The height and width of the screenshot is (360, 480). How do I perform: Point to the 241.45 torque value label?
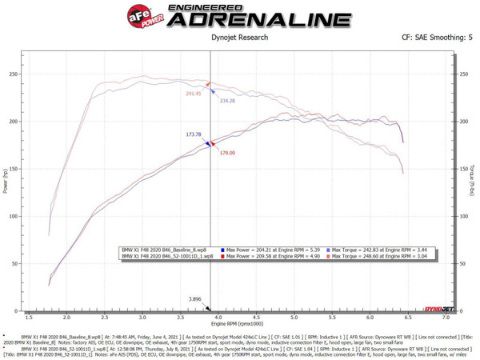click(193, 94)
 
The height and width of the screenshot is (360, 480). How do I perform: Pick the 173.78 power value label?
click(193, 134)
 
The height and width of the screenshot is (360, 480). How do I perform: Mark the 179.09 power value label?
click(227, 152)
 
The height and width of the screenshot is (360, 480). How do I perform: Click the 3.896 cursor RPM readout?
click(194, 299)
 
